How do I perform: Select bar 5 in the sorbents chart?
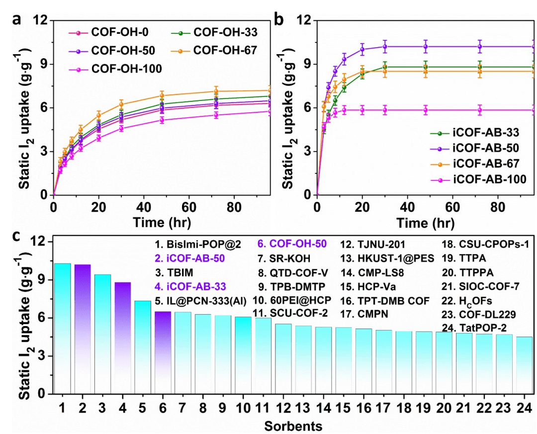point(142,347)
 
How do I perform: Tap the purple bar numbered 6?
point(163,352)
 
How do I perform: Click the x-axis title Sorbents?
point(293,426)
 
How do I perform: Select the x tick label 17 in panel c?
point(384,408)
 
